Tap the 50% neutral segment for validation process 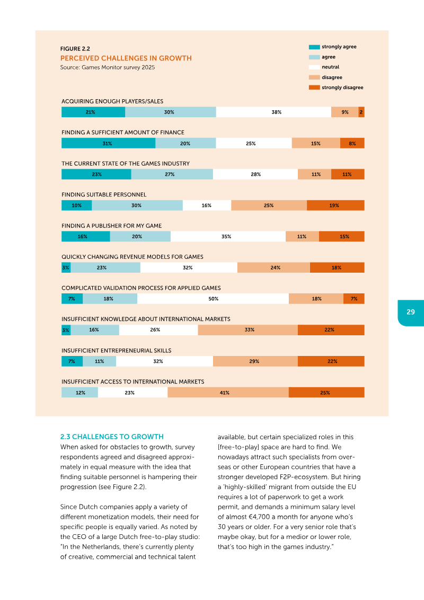coord(213,299)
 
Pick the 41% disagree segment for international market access coord(228,393)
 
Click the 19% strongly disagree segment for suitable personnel coord(335,205)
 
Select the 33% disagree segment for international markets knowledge coord(248,330)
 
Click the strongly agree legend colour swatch coord(314,47)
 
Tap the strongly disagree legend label coord(342,88)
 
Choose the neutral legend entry coord(330,67)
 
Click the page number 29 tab coord(411,312)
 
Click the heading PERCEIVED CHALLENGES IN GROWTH coord(126,58)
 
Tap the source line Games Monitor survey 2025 coord(108,67)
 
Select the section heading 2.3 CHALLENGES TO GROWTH coord(112,437)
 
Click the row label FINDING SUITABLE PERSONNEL coord(104,195)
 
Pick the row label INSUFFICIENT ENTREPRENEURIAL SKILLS coord(116,351)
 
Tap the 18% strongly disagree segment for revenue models coord(337,268)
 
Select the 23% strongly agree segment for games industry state coord(96,175)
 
